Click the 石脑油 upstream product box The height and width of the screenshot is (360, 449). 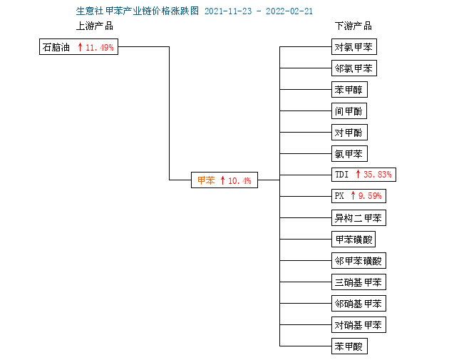click(x=78, y=46)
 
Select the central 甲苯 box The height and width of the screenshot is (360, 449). click(x=224, y=180)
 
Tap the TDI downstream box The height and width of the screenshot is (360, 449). click(x=363, y=175)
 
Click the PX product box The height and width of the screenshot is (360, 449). click(x=358, y=196)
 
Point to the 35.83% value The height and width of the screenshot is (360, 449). click(x=378, y=175)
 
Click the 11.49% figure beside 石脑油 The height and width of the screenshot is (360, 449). click(x=100, y=47)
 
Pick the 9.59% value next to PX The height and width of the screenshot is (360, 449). click(x=370, y=196)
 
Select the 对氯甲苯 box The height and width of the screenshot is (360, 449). click(x=354, y=46)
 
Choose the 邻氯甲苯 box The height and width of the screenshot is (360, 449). click(x=354, y=68)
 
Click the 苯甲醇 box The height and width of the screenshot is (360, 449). click(x=349, y=89)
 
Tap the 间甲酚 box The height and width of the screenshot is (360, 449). click(x=349, y=110)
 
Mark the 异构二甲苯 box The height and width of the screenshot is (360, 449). click(x=358, y=218)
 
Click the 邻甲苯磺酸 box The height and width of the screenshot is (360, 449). click(x=358, y=261)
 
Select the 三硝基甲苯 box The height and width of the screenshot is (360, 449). click(x=358, y=282)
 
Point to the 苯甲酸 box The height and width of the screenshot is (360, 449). click(x=349, y=346)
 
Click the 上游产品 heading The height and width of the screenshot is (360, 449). click(x=95, y=26)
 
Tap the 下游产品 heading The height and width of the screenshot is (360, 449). click(x=353, y=26)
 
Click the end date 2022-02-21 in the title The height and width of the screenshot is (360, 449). click(x=289, y=11)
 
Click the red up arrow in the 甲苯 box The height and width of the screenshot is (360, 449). click(x=223, y=180)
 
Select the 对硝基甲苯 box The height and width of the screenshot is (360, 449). click(x=358, y=325)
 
